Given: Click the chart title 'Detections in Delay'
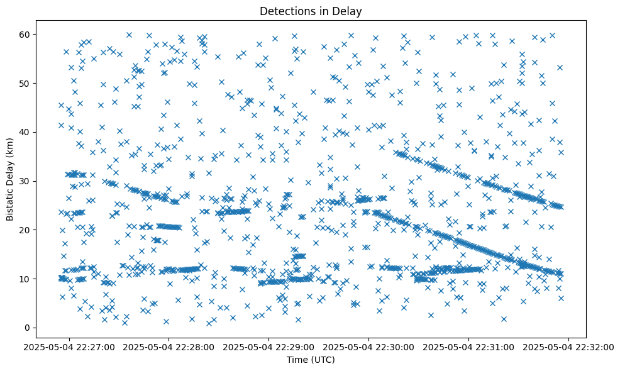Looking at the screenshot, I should coord(311,11).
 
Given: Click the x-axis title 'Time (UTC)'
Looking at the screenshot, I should coord(311,360).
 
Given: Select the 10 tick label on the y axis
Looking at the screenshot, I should coord(26,279).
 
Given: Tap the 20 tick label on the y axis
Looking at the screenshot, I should coord(26,230).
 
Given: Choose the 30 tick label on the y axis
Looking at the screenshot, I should coord(26,181).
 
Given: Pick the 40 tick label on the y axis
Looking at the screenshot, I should coord(26,132).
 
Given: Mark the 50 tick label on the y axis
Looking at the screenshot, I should coord(26,83).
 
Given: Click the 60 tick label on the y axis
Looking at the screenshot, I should coord(26,34).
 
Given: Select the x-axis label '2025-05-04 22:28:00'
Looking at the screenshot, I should coord(169,346).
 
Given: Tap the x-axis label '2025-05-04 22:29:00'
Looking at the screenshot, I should coord(269,346).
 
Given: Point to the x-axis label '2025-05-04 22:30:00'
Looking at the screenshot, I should coord(369,346).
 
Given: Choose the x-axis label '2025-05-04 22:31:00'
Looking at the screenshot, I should coord(469,346).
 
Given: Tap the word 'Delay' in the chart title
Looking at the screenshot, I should coord(349,11).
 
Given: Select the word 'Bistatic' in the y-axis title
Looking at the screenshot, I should coord(10,202).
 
